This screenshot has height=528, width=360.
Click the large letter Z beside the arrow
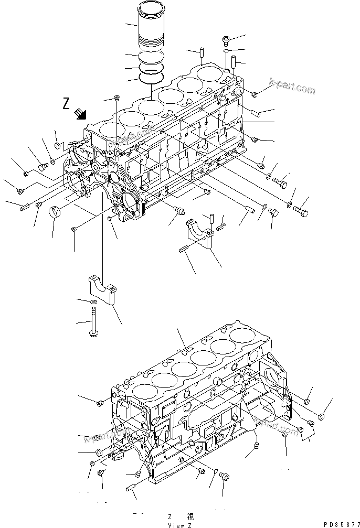click(66, 103)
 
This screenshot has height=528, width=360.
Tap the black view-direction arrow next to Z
click(81, 113)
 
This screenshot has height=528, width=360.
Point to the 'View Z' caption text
click(179, 524)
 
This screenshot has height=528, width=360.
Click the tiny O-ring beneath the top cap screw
click(225, 52)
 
